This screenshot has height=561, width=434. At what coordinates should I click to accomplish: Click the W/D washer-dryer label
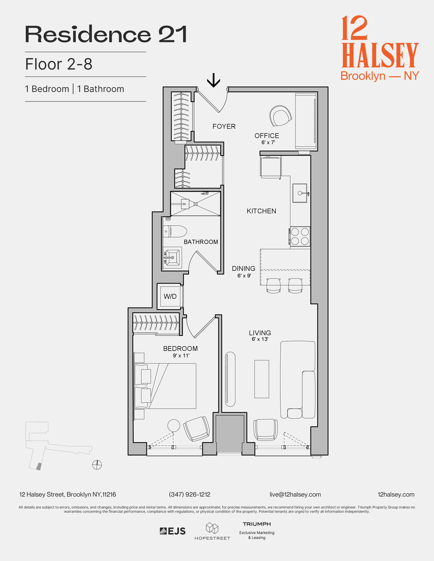[170, 296]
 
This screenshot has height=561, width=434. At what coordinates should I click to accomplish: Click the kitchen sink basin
[300, 193]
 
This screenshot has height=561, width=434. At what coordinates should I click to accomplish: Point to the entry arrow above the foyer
[214, 80]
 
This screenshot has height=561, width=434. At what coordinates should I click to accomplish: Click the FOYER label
[224, 126]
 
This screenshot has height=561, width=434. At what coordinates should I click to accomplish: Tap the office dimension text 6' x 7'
[268, 142]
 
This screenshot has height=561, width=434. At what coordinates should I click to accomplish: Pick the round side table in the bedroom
[174, 426]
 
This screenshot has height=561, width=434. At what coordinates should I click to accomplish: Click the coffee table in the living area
[262, 379]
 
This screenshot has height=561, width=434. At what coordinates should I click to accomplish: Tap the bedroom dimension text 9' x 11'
[181, 355]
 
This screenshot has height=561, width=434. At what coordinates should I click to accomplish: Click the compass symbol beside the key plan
[97, 464]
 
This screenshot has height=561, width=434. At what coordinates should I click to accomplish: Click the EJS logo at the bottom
[173, 531]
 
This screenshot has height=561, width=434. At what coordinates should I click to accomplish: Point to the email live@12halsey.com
[295, 495]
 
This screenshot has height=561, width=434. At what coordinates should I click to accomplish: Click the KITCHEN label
[261, 211]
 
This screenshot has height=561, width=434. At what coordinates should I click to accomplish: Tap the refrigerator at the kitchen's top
[271, 167]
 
